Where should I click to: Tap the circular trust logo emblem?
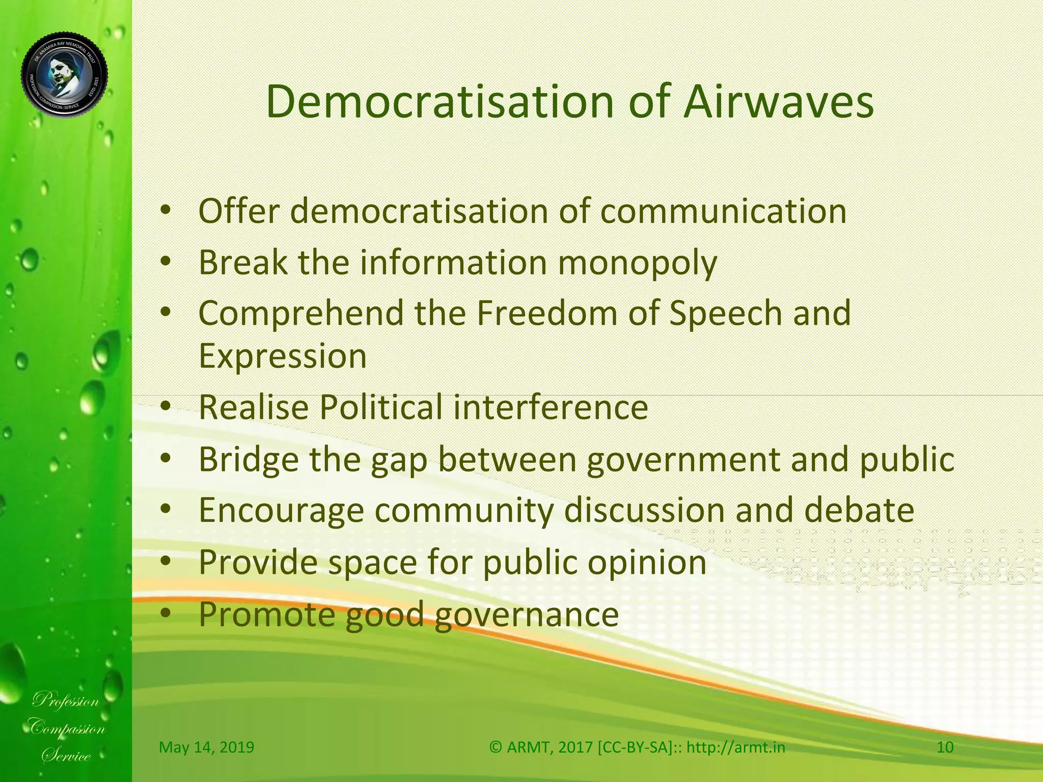(x=65, y=75)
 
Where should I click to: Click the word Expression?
(x=283, y=356)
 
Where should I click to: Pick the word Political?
(x=381, y=407)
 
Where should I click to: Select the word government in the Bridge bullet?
(x=682, y=460)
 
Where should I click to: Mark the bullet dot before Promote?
(x=165, y=613)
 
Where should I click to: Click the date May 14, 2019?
(x=206, y=747)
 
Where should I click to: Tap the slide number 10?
(x=945, y=747)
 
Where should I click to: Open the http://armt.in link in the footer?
(x=735, y=747)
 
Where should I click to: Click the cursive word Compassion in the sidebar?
(x=67, y=728)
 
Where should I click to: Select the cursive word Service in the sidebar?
(x=67, y=756)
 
